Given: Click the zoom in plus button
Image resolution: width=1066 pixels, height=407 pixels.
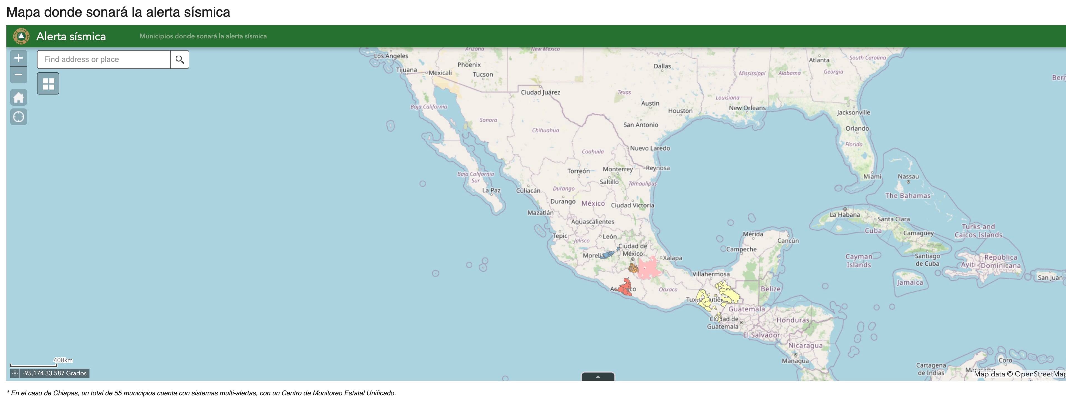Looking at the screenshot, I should (x=19, y=58).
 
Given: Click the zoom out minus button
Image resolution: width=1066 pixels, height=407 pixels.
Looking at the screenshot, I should (x=19, y=75).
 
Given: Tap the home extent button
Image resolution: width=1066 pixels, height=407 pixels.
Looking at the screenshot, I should (x=19, y=98).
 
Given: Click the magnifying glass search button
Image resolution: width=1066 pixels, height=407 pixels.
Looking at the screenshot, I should (x=180, y=59).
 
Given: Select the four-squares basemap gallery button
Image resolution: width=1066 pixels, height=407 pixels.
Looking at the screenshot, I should (x=48, y=84).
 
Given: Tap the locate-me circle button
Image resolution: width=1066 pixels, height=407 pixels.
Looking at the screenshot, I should (x=19, y=117).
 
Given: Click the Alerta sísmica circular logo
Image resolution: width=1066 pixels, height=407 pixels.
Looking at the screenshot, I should (x=21, y=36).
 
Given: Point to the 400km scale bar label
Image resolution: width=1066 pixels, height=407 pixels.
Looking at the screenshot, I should (x=63, y=360).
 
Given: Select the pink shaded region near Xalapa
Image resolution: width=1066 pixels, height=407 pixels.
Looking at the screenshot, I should (x=649, y=268).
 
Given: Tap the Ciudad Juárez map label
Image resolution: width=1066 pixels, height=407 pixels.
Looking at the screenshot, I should (x=541, y=92).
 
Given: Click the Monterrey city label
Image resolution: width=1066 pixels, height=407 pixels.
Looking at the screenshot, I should (x=617, y=169).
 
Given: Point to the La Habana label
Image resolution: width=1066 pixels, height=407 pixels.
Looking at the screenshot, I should (x=845, y=214).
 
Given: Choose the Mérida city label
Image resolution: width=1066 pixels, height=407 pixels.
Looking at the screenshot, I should (x=753, y=234).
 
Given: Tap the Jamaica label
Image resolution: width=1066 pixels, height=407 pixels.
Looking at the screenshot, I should (x=910, y=282).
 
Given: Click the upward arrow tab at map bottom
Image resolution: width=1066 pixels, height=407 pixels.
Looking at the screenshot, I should (x=597, y=377).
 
